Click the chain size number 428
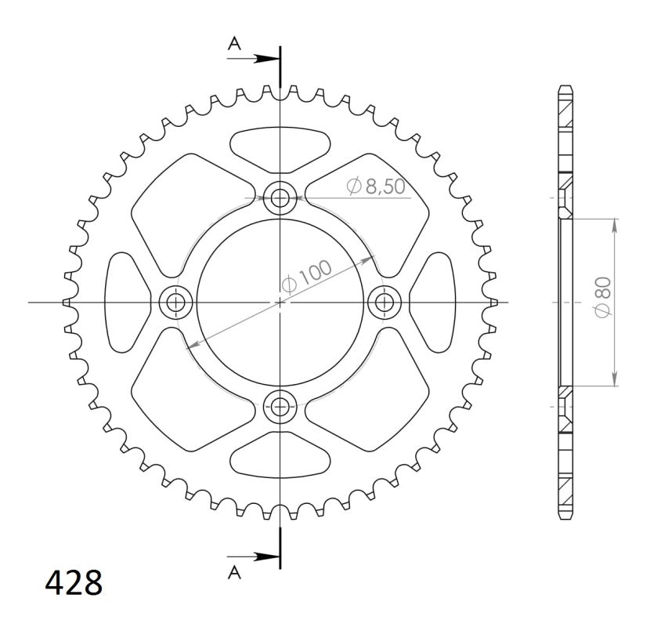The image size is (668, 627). coord(74,582)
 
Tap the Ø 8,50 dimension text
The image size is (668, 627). coord(376,187)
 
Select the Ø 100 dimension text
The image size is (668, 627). coord(307,277)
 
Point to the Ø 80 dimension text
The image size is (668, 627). coord(603,298)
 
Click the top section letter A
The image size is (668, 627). coord(234,43)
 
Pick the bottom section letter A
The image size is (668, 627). coord(234,573)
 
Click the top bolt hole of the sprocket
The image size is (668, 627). coord(280,198)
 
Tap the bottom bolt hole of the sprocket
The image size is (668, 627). coord(280,407)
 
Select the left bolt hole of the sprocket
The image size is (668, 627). coord(175,303)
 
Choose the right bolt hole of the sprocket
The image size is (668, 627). coord(385,303)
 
